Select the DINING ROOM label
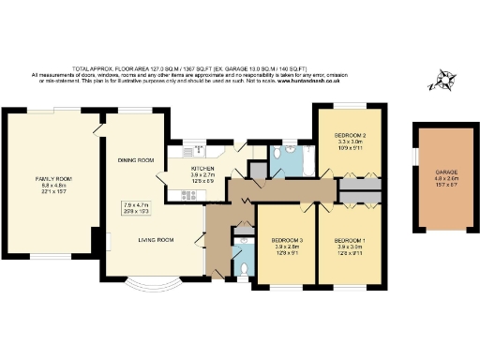tap(135, 160)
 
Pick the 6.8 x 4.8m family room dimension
tap(51, 187)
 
